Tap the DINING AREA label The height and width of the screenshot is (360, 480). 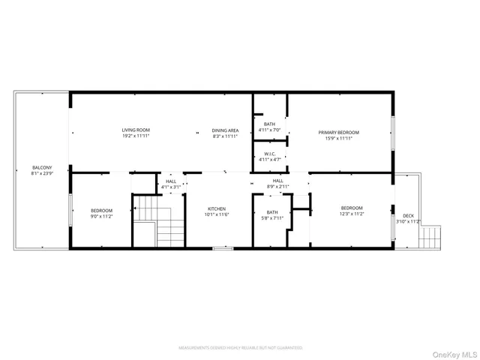(x=225, y=130)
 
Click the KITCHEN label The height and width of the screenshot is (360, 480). (x=217, y=208)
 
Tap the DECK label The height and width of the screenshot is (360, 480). (x=408, y=215)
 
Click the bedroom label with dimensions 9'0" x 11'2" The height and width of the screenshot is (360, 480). (x=101, y=211)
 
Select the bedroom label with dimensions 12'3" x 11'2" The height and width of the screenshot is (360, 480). (x=352, y=208)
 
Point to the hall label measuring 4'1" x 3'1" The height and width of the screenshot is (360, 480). (x=171, y=181)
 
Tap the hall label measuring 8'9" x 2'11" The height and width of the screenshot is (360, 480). (x=278, y=181)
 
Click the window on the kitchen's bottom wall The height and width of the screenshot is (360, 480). (x=223, y=247)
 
